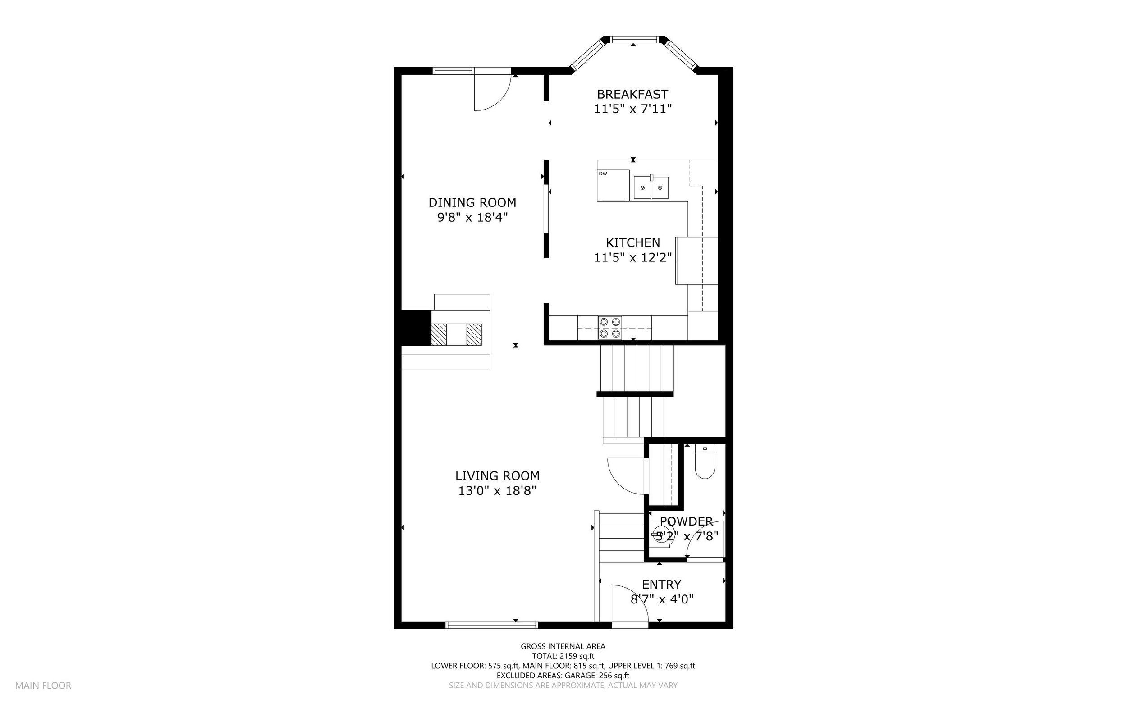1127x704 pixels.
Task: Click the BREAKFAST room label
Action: click(x=632, y=95)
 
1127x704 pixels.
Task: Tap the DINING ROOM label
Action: click(x=472, y=202)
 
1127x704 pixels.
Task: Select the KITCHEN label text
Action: click(x=633, y=242)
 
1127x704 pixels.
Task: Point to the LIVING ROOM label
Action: click(x=497, y=476)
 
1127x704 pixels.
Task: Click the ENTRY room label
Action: click(x=661, y=585)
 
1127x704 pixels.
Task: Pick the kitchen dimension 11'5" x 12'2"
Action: click(x=633, y=257)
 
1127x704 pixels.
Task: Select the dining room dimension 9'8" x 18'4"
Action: click(x=472, y=217)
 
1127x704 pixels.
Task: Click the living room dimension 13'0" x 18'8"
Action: click(x=497, y=491)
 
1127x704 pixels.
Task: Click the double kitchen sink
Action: click(x=651, y=187)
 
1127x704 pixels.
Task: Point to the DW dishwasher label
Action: click(x=603, y=174)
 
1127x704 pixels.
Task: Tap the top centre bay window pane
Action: click(x=633, y=40)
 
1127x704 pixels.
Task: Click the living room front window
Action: click(x=492, y=625)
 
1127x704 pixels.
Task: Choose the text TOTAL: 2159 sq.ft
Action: click(x=563, y=657)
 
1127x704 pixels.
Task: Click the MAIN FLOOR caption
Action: click(x=43, y=686)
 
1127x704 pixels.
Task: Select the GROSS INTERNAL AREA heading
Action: click(x=563, y=646)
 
